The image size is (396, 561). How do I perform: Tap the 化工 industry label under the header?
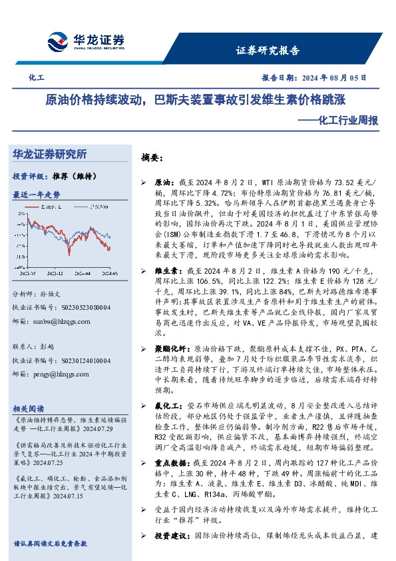tap(36, 79)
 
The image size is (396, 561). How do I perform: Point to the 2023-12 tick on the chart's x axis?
tap(55, 273)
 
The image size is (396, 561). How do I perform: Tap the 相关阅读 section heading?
tap(29, 408)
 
